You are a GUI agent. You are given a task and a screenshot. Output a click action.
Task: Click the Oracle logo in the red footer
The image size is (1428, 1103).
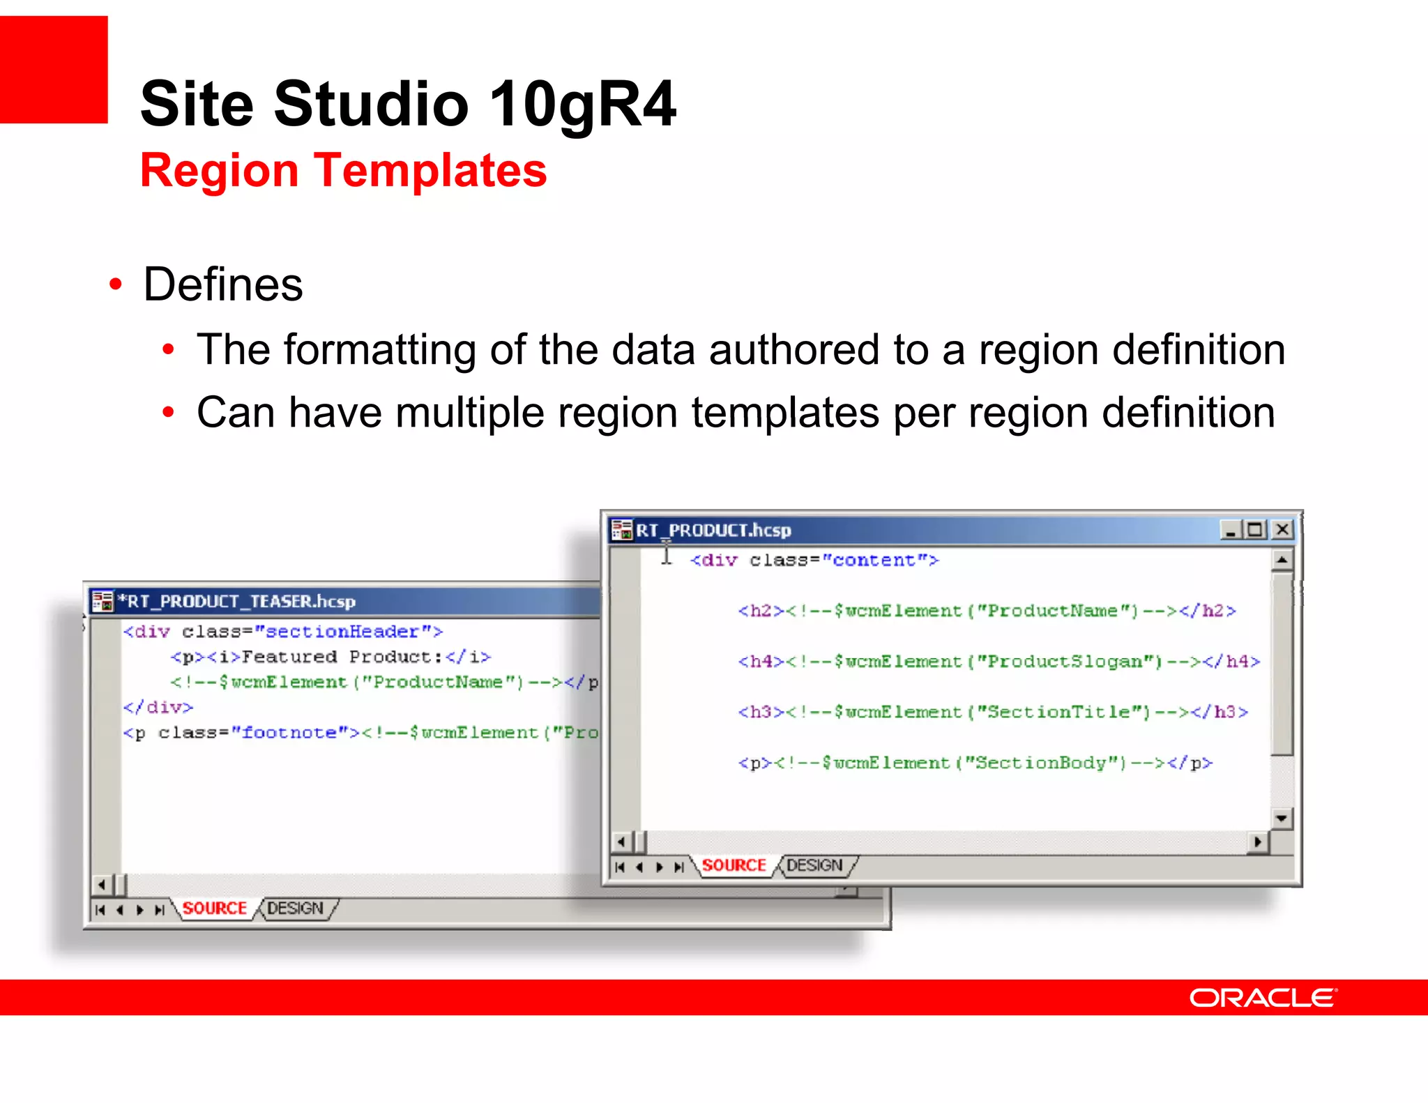(x=1263, y=998)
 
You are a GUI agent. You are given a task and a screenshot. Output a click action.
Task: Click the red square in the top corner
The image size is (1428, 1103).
(x=54, y=69)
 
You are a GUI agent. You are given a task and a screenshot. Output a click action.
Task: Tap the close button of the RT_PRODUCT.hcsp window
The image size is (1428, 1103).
(x=1282, y=530)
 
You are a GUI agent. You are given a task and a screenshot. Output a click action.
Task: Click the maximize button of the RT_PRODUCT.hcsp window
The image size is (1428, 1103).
(x=1256, y=530)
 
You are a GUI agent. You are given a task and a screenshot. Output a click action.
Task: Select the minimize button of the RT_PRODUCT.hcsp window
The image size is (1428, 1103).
(x=1231, y=530)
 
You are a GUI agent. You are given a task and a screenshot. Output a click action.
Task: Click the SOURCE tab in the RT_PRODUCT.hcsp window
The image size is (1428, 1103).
(x=734, y=865)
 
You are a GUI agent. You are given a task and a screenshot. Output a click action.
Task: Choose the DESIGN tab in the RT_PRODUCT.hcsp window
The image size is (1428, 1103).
(x=814, y=865)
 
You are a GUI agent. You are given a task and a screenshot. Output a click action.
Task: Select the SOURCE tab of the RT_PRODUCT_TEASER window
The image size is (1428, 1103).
(x=214, y=908)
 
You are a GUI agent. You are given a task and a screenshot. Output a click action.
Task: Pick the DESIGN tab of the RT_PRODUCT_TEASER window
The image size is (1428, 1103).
(x=295, y=908)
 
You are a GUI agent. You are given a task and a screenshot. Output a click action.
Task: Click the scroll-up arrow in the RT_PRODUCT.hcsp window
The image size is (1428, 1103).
(x=1282, y=560)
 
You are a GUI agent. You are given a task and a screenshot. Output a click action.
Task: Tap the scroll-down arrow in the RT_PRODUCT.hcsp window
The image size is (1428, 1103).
(x=1282, y=818)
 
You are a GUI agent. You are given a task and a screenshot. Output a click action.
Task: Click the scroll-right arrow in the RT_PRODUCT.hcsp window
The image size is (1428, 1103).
(x=1257, y=842)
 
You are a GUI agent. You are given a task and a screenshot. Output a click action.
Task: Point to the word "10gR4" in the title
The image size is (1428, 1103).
(x=582, y=104)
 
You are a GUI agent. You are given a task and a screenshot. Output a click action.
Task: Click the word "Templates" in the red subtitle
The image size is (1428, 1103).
(x=430, y=170)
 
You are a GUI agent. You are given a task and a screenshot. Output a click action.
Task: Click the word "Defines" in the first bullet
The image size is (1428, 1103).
(x=223, y=284)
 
